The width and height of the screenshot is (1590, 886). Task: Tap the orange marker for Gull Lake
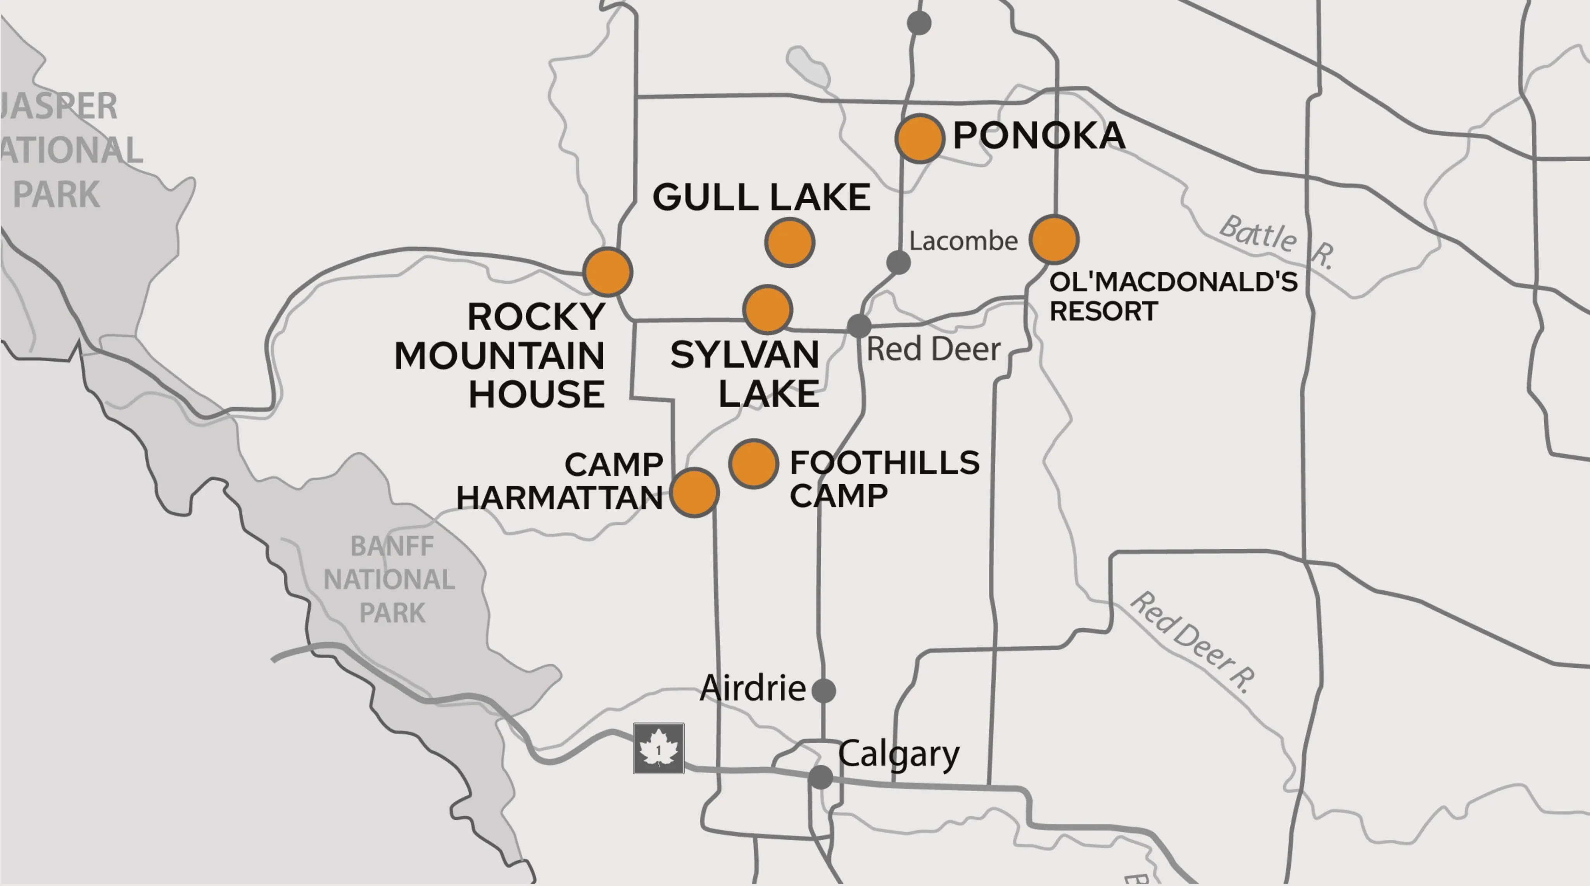(x=789, y=243)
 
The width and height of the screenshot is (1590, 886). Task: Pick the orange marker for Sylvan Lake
(x=768, y=309)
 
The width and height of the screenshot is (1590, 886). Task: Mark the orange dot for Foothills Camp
(x=753, y=464)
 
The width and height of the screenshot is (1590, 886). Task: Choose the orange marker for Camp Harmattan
(x=694, y=492)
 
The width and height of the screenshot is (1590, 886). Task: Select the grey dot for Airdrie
(x=824, y=690)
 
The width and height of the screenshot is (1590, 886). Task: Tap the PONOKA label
(x=1039, y=136)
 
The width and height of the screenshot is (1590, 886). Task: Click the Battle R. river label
(x=1276, y=241)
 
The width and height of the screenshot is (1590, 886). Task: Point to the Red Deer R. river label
(x=1193, y=642)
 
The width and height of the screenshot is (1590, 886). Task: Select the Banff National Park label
(x=390, y=579)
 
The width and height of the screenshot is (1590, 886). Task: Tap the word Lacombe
(x=963, y=241)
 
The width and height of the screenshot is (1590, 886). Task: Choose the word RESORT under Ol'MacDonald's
(x=1104, y=311)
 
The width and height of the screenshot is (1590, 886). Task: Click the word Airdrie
(x=753, y=688)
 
